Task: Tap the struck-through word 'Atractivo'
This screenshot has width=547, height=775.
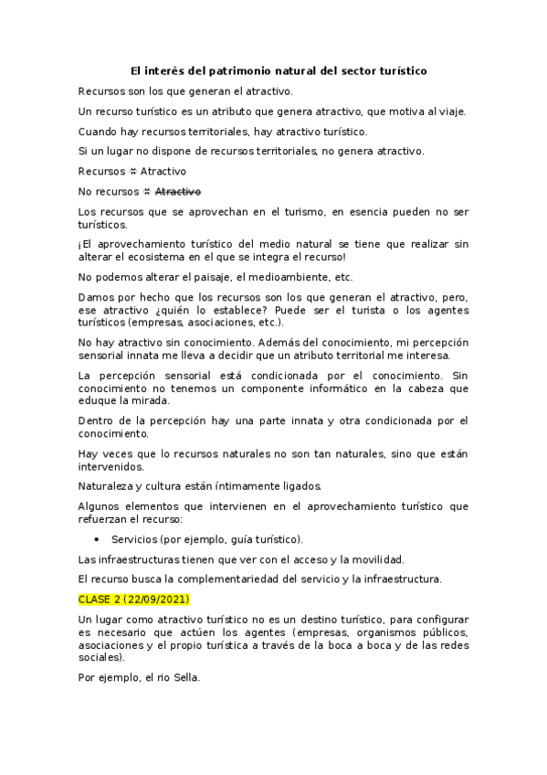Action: pos(178,191)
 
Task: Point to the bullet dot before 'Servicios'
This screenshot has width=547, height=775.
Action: pos(97,539)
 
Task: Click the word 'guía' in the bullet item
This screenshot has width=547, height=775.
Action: pos(228,539)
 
